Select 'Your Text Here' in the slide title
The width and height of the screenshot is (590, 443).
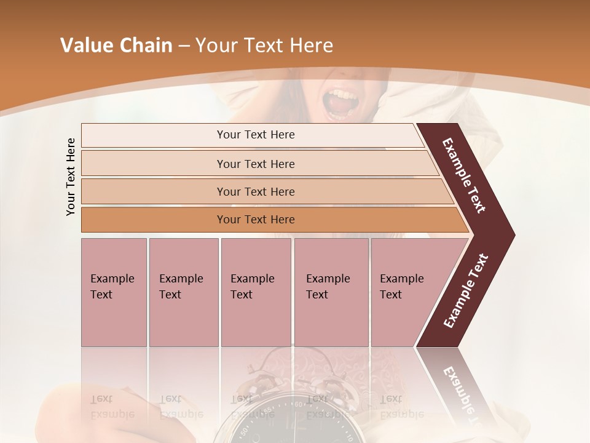264,46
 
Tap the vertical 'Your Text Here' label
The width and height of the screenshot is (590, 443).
71,177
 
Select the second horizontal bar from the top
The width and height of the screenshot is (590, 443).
255,164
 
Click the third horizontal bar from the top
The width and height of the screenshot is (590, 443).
255,191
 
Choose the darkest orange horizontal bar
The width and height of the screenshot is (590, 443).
255,220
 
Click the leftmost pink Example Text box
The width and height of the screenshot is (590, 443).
114,292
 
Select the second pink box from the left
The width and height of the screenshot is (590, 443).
183,292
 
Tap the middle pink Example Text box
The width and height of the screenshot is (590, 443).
256,292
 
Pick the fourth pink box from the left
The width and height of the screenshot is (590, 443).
331,292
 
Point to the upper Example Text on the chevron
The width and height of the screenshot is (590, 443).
465,175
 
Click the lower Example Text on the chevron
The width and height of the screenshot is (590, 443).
466,291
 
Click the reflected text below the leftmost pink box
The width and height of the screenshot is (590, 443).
112,407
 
